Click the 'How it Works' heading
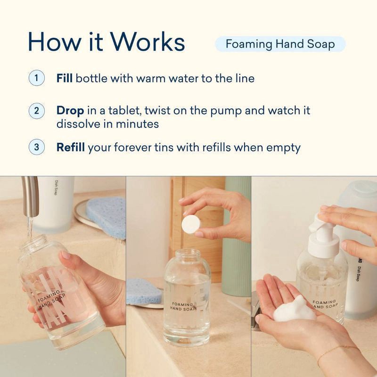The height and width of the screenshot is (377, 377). [x=106, y=42]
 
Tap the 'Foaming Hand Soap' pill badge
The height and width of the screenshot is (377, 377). [x=280, y=44]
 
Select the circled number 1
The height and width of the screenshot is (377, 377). [x=36, y=78]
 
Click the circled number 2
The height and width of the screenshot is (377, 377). [x=36, y=112]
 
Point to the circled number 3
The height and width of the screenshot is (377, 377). [x=36, y=147]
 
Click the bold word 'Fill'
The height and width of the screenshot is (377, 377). [x=64, y=78]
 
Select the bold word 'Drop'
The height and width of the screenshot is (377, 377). [x=70, y=111]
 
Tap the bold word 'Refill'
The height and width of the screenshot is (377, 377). [x=71, y=148]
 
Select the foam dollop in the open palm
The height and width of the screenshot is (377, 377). [x=295, y=309]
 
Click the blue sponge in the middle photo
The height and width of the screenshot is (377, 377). [x=144, y=290]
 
